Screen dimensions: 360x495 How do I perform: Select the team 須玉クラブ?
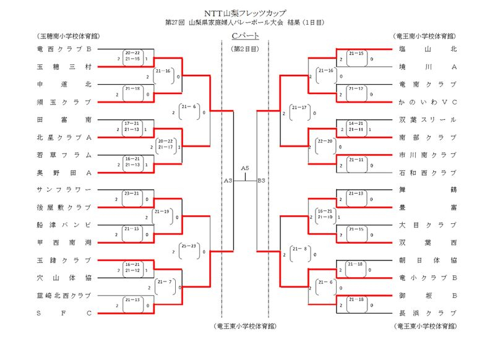(64, 102)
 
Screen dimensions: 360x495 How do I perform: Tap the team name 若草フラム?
(64, 155)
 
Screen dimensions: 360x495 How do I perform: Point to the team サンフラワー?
(64, 189)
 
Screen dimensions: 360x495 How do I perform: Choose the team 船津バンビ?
(64, 225)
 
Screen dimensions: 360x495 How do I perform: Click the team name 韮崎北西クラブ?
(64, 295)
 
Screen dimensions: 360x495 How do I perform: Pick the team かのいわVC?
(428, 102)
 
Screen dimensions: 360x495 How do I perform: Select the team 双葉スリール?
(428, 119)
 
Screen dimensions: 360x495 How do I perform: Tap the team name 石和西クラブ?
(428, 173)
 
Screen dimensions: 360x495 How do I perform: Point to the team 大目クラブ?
(428, 225)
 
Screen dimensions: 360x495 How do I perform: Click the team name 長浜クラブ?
(428, 313)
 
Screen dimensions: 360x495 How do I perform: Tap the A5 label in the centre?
(245, 168)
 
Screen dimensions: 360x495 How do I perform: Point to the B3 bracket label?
(261, 181)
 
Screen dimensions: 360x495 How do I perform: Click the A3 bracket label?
(228, 181)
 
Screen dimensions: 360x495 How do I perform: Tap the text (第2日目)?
(245, 48)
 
